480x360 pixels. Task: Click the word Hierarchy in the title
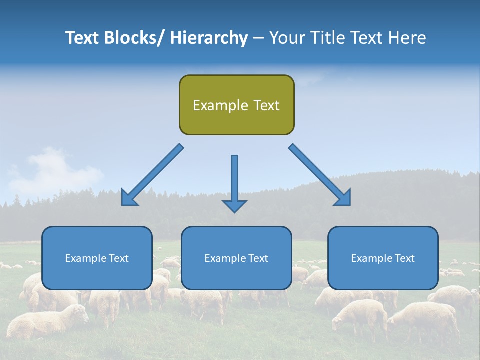pyautogui.click(x=209, y=38)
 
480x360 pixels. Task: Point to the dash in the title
pyautogui.click(x=258, y=38)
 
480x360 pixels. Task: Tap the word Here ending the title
pyautogui.click(x=407, y=38)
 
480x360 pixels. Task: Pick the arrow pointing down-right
pyautogui.click(x=320, y=175)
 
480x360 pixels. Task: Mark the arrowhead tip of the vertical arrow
pyautogui.click(x=234, y=212)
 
